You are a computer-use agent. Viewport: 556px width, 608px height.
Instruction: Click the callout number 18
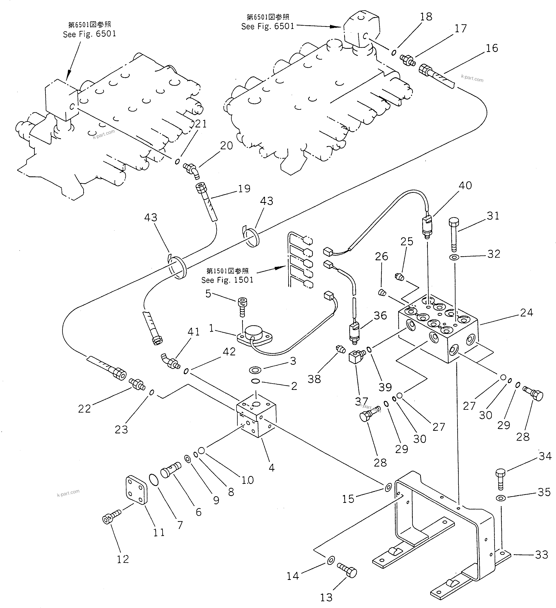(x=426, y=17)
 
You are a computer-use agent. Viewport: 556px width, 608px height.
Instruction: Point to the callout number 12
(x=123, y=559)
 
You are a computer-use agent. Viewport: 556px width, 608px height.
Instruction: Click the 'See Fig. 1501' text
(x=227, y=280)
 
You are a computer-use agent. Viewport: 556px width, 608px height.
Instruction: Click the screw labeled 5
(x=242, y=306)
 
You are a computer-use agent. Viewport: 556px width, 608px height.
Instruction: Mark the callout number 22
(x=84, y=409)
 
